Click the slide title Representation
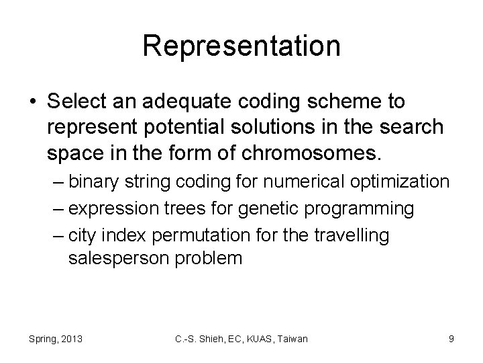coord(241,46)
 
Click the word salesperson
coord(119,258)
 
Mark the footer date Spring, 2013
coord(56,339)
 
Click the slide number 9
coord(451,339)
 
